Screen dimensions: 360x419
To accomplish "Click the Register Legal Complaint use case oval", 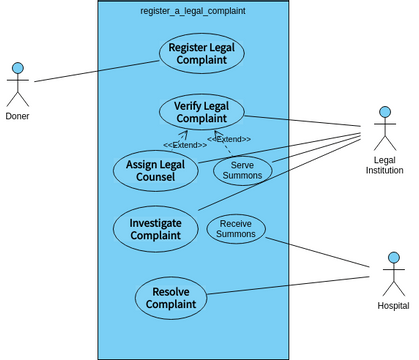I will click(x=201, y=54).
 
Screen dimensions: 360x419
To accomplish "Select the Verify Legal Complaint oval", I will click(x=201, y=113).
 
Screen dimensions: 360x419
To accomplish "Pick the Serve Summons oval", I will click(x=242, y=170).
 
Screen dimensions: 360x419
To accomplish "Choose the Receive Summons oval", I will click(x=236, y=229).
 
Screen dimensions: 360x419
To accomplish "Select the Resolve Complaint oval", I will click(x=170, y=297).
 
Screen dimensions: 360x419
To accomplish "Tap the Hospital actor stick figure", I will click(x=392, y=274).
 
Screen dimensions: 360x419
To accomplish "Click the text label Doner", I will click(x=17, y=117).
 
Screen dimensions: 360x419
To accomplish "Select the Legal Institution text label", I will click(x=385, y=164).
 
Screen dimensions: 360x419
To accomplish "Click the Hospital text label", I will click(x=392, y=305).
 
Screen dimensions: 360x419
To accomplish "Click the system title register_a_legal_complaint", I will click(x=193, y=10).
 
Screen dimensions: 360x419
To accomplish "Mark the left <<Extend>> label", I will click(x=185, y=145).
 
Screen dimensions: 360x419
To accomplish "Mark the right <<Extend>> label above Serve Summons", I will click(x=229, y=139).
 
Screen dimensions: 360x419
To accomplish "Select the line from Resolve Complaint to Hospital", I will click(x=290, y=282).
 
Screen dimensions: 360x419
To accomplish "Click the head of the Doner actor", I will click(x=17, y=69).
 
